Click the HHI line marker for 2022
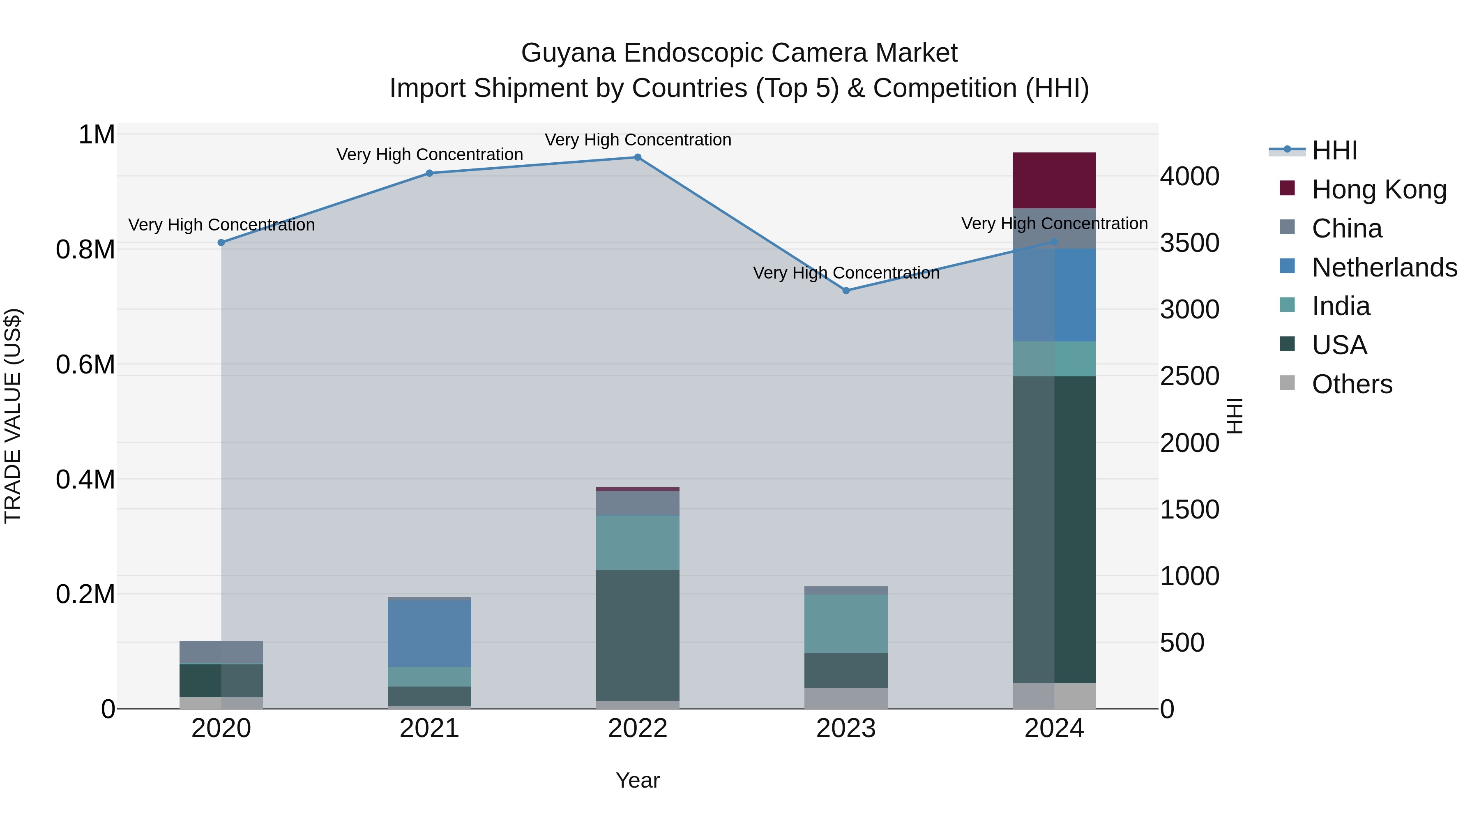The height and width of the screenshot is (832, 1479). (x=637, y=157)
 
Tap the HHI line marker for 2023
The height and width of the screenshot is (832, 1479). (x=846, y=290)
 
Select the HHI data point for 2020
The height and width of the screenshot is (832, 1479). (x=221, y=242)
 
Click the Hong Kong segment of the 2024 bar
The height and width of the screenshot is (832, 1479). (x=1054, y=180)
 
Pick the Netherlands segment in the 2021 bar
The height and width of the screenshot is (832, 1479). (x=429, y=633)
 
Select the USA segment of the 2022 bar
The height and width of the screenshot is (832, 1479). (x=637, y=635)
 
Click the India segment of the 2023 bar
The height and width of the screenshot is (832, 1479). (x=846, y=624)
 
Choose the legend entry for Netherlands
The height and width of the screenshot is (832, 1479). (x=1384, y=267)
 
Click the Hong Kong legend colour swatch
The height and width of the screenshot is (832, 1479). (x=1287, y=188)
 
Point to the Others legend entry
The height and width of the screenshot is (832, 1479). (x=1352, y=384)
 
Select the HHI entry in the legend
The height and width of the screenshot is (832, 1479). (x=1334, y=150)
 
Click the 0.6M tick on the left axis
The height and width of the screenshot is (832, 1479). (x=85, y=364)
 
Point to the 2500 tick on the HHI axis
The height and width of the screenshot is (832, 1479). (x=1190, y=376)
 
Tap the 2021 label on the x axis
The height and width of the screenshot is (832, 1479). (x=429, y=728)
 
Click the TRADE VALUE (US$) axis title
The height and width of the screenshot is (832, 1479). (x=13, y=416)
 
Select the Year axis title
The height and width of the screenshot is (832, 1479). (x=637, y=780)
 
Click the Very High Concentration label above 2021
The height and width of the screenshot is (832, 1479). (x=429, y=154)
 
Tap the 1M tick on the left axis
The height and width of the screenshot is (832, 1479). (x=97, y=135)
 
